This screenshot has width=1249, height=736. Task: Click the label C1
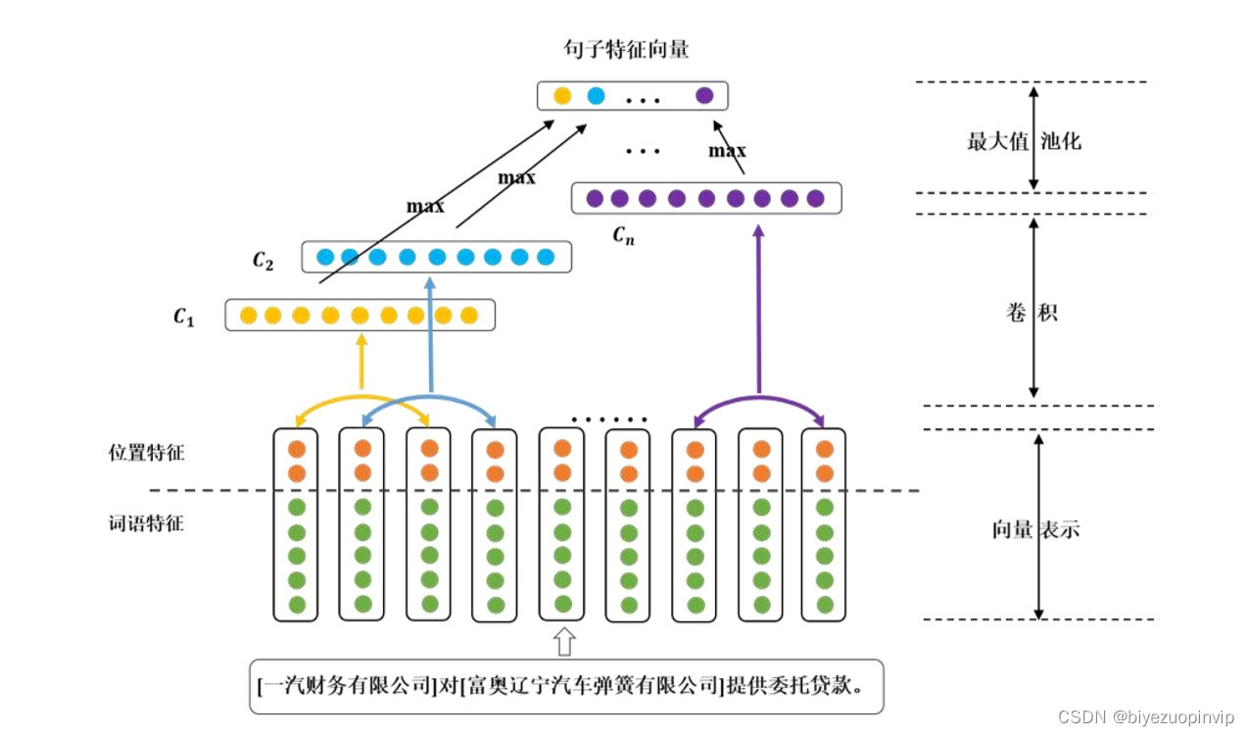185,317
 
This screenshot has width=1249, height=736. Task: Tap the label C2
263,260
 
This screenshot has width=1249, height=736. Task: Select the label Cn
623,234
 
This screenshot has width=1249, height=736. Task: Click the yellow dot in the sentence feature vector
562,96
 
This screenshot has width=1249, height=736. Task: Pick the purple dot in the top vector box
704,96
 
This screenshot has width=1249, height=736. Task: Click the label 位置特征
146,453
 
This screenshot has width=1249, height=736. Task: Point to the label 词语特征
146,523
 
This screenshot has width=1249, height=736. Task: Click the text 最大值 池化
1024,141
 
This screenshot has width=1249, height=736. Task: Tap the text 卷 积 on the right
1032,314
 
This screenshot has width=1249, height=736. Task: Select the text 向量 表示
1035,529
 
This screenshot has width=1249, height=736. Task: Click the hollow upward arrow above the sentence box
564,642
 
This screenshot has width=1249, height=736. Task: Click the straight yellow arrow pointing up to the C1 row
361,360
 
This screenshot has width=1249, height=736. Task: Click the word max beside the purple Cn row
727,151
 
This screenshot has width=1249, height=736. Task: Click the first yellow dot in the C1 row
248,316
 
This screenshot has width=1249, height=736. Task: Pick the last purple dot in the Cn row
815,199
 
